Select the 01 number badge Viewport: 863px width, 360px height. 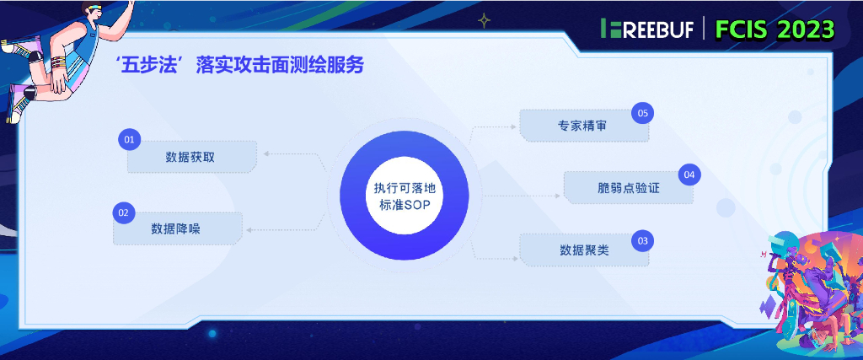129,138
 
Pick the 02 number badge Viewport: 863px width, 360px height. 123,212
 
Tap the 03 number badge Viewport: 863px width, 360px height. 643,241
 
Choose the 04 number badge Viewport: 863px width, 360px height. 689,175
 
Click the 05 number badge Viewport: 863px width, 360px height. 643,113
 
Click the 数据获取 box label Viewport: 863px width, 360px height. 190,158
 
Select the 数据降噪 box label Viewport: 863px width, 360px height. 176,228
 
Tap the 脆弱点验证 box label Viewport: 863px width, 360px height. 628,187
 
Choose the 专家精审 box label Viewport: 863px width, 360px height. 582,126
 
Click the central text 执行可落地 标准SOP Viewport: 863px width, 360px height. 404,196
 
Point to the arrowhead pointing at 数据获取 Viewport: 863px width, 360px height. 265,154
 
